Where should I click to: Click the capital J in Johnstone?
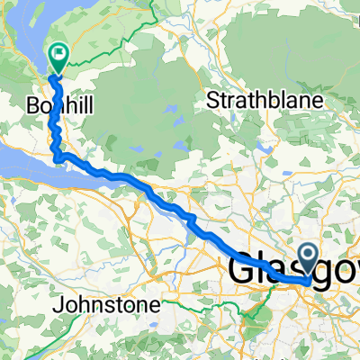pyautogui.click(x=58, y=305)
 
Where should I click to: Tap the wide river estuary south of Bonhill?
pyautogui.click(x=27, y=162)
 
